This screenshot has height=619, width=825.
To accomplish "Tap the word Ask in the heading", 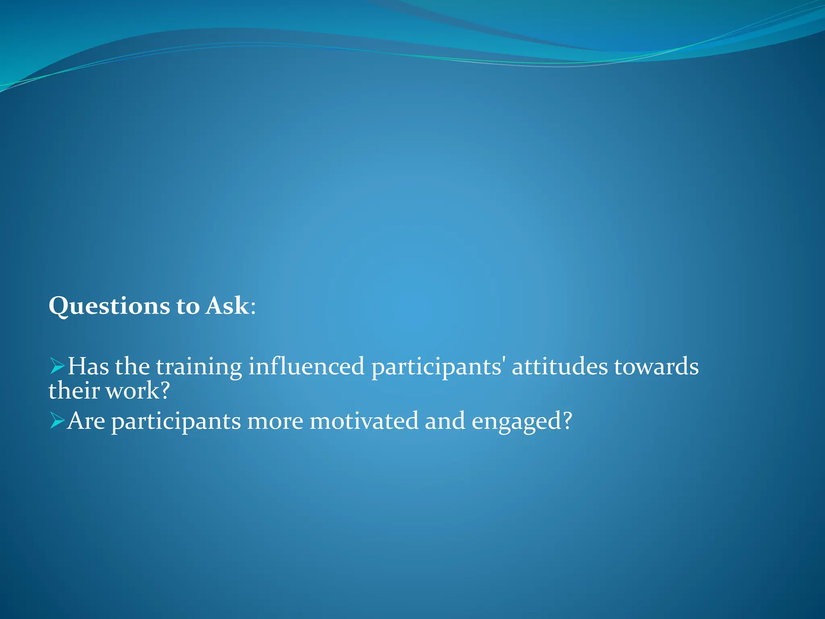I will click(x=227, y=305).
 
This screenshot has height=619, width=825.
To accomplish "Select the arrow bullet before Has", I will click(x=57, y=366).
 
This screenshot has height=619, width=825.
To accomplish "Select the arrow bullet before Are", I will click(x=57, y=421).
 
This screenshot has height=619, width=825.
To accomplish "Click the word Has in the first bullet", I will click(x=88, y=366).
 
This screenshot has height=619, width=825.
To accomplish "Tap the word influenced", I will click(x=306, y=366).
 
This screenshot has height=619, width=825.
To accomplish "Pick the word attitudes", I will click(x=560, y=366).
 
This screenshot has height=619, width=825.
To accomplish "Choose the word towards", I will click(x=656, y=366).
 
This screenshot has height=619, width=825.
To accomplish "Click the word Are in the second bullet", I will click(x=86, y=421).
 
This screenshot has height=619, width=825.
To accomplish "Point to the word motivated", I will click(x=364, y=421).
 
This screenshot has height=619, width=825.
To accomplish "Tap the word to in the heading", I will click(x=188, y=306).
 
